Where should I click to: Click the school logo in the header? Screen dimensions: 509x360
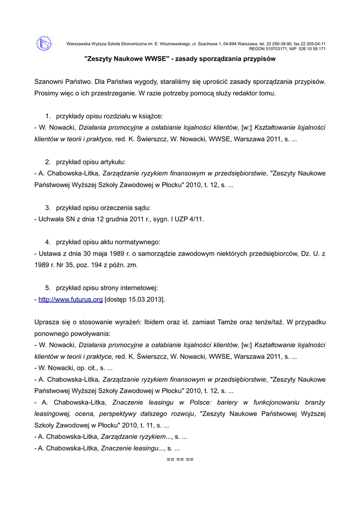pyautogui.click(x=44, y=44)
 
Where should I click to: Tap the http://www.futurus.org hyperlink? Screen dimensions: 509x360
pyautogui.click(x=70, y=300)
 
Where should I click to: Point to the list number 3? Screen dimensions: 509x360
pyautogui.click(x=48, y=207)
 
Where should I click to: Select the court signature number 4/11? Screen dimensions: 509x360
pyautogui.click(x=195, y=219)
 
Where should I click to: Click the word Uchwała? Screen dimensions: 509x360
pyautogui.click(x=52, y=219)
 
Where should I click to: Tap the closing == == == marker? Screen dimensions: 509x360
pyautogui.click(x=180, y=459)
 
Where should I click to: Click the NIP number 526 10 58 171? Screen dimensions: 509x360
pyautogui.click(x=312, y=49)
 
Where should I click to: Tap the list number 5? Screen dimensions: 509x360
pyautogui.click(x=48, y=288)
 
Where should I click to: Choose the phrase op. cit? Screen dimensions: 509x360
pyautogui.click(x=82, y=368)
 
